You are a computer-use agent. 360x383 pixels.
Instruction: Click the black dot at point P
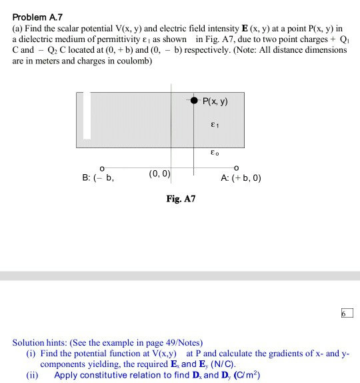coord(194,101)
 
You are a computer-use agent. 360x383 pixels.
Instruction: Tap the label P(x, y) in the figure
coord(215,101)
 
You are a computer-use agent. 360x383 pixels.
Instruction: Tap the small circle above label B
coord(101,167)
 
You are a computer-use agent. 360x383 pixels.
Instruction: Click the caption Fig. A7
coord(180,199)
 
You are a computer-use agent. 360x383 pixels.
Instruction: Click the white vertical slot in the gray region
coord(86,115)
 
